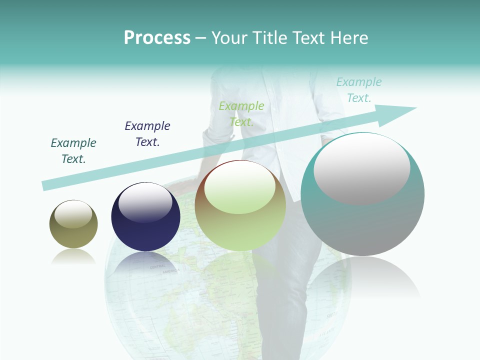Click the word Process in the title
pos(157,38)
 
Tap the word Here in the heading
pos(349,38)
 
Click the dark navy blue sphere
pos(145,225)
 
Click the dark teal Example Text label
pos(73,151)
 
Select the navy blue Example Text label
pos(147,133)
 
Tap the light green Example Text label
pos(241,113)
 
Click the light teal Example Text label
pos(359,90)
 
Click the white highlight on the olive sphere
pos(73,214)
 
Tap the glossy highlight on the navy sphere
pos(145,202)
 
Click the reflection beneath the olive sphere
pos(73,257)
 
